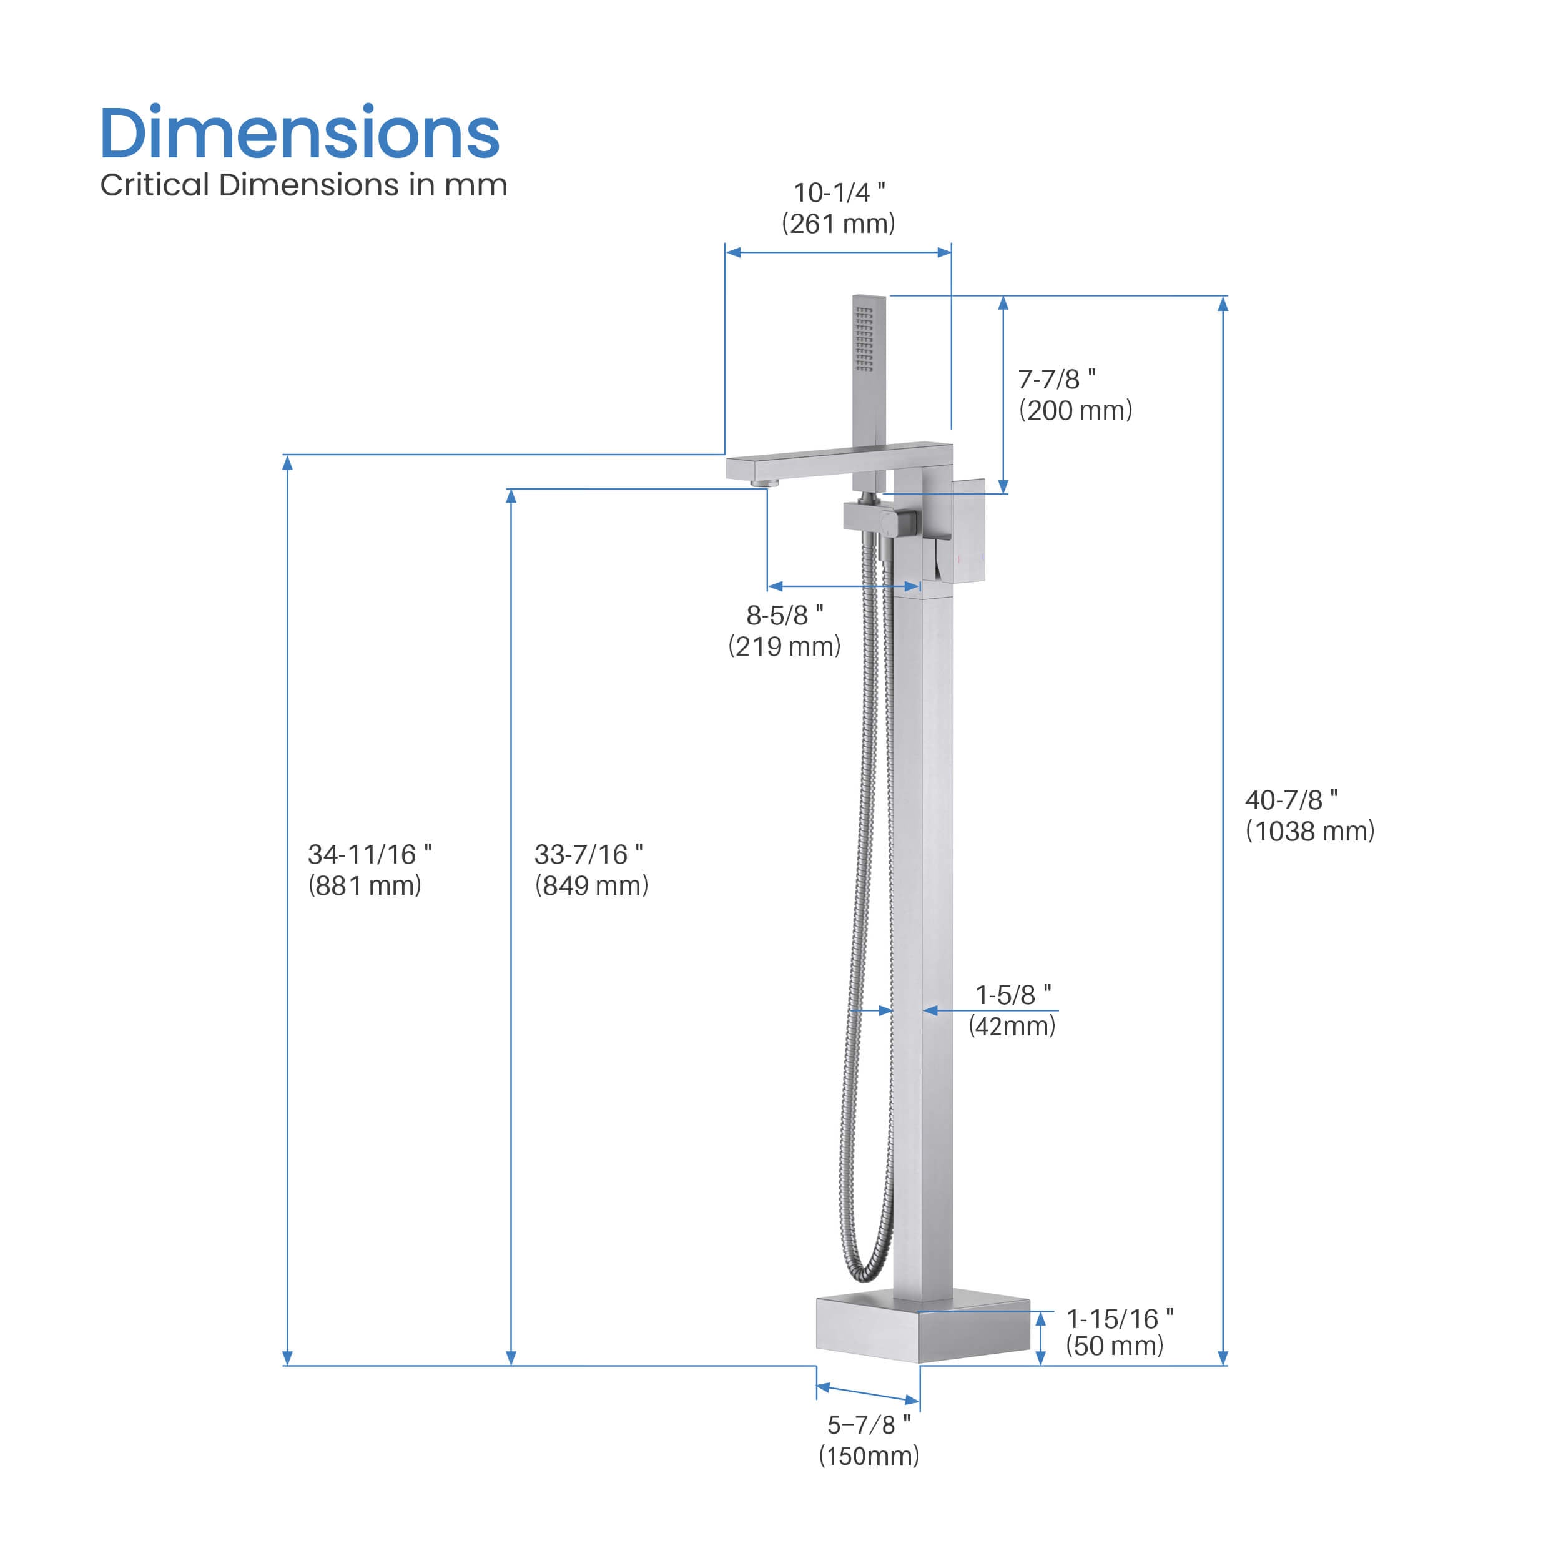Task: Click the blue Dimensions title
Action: point(299,134)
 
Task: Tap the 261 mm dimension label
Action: point(838,224)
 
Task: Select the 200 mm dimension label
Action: point(1075,410)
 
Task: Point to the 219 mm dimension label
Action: point(784,646)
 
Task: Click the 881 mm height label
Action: point(365,885)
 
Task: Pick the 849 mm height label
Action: point(591,885)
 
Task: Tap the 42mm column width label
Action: point(1012,1026)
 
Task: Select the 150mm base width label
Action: point(869,1456)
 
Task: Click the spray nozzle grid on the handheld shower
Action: point(864,338)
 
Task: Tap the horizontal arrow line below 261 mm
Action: point(838,252)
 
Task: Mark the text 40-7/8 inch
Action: point(1291,800)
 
